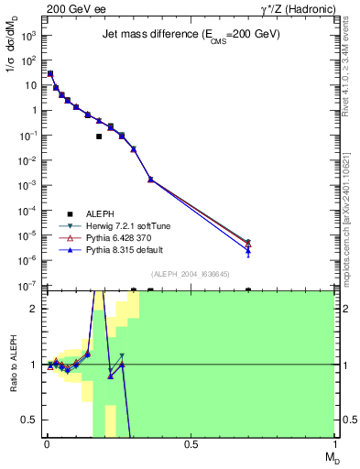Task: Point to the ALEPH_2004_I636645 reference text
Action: coord(190,274)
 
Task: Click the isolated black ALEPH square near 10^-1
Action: coord(99,136)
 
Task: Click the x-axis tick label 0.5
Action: coord(191,443)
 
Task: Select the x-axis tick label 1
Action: coord(334,443)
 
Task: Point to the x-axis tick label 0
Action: coord(46,443)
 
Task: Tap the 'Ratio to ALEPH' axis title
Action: coord(14,365)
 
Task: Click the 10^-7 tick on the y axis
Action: coord(29,286)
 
